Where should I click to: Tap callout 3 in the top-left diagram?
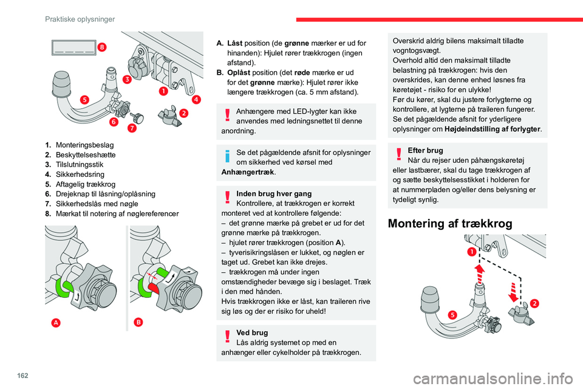(x=127, y=80)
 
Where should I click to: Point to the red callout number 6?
(x=114, y=122)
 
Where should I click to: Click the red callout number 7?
(x=132, y=129)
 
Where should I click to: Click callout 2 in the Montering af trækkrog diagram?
(x=534, y=303)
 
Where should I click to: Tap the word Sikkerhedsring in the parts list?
(x=78, y=174)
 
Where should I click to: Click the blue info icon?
(x=227, y=156)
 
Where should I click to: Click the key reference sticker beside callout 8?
(x=72, y=48)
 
